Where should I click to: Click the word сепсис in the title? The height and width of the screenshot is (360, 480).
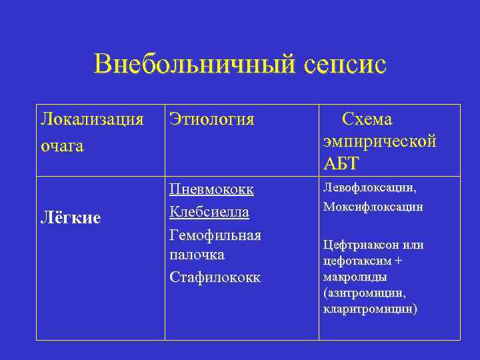coord(345,65)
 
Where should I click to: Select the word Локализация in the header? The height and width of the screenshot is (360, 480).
coord(92,119)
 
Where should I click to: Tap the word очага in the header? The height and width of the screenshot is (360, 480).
coord(62,145)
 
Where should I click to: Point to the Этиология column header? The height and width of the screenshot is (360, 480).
coord(211,119)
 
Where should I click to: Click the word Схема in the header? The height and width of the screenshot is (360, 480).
coord(367,119)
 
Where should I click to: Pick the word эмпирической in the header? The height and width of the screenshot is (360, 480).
coord(379,141)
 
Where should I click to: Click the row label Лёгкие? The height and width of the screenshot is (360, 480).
coord(71,217)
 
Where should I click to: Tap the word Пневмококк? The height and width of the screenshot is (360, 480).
coord(211,190)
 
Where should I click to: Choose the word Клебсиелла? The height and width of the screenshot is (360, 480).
coord(209,212)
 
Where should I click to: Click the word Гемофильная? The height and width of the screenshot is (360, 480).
coord(215,235)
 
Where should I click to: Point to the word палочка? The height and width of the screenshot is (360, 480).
coord(197,255)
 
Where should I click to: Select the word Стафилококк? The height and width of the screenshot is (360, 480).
coord(215,277)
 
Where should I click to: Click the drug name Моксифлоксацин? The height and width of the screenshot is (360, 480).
coord(373,207)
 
